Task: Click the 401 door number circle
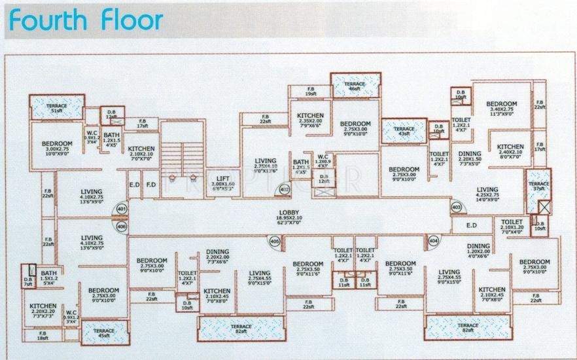click(x=121, y=209)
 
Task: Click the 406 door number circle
click(x=121, y=226)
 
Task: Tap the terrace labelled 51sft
click(x=57, y=107)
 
